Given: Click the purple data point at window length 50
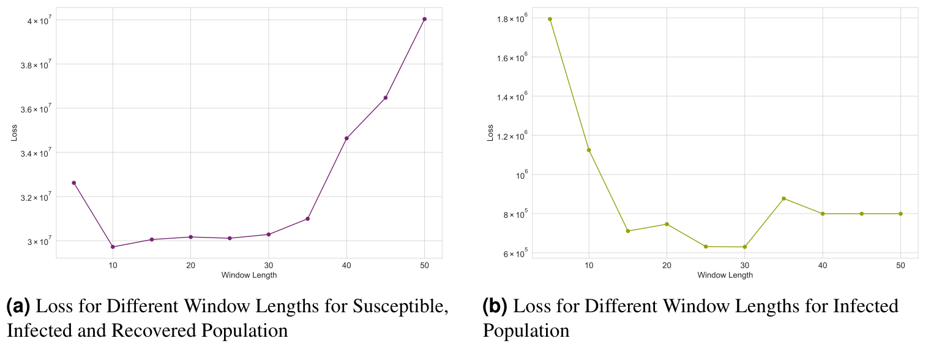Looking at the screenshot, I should click(424, 19).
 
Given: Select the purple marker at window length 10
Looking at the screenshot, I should click(113, 247).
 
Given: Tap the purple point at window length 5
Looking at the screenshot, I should click(73, 182).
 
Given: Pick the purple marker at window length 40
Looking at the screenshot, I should click(346, 138).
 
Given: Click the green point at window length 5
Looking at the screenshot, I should click(550, 19).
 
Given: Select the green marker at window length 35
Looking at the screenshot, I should click(783, 198).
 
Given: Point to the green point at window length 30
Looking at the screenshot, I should click(744, 247).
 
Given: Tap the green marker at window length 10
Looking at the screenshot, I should click(589, 150).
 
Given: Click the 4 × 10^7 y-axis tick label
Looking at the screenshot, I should click(36, 21).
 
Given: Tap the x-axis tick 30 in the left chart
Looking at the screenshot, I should click(268, 265).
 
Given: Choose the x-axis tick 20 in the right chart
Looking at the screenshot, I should click(667, 266).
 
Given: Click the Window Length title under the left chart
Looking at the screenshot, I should click(249, 276).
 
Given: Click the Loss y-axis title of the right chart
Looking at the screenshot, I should click(490, 133).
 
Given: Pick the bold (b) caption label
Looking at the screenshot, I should click(495, 306).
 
